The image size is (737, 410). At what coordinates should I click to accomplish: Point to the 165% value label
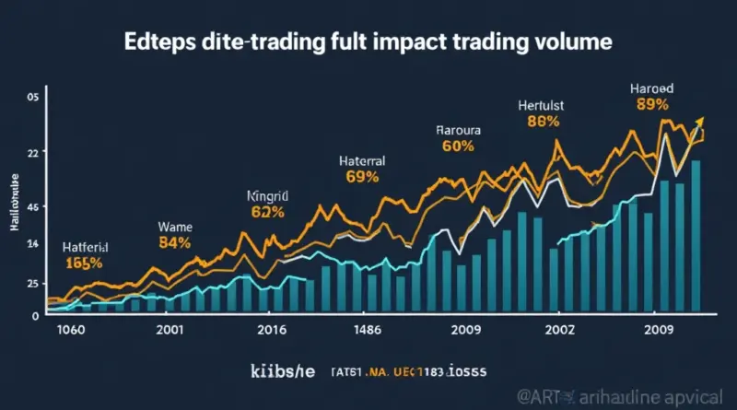tap(85, 264)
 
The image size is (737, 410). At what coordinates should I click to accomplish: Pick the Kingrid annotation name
tap(268, 196)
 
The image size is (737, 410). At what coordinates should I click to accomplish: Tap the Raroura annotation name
tap(458, 130)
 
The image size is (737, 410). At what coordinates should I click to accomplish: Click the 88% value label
tap(544, 121)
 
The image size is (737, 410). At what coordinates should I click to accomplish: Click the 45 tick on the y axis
tap(33, 208)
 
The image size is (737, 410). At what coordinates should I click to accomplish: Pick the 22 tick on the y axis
tap(33, 152)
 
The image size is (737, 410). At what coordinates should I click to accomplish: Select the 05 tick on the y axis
tap(33, 97)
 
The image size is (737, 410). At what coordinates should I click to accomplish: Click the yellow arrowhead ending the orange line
tap(698, 123)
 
